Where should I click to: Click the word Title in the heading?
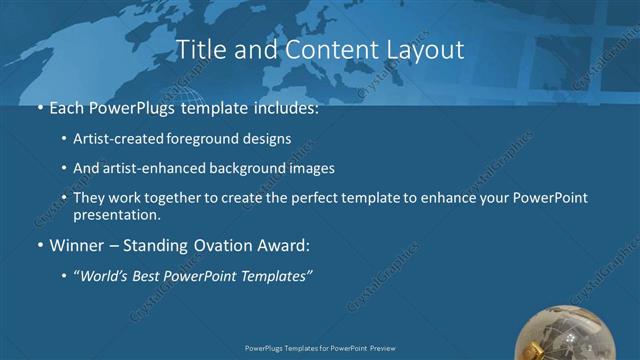200,49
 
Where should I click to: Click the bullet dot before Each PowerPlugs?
39,105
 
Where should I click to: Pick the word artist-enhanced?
150,169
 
